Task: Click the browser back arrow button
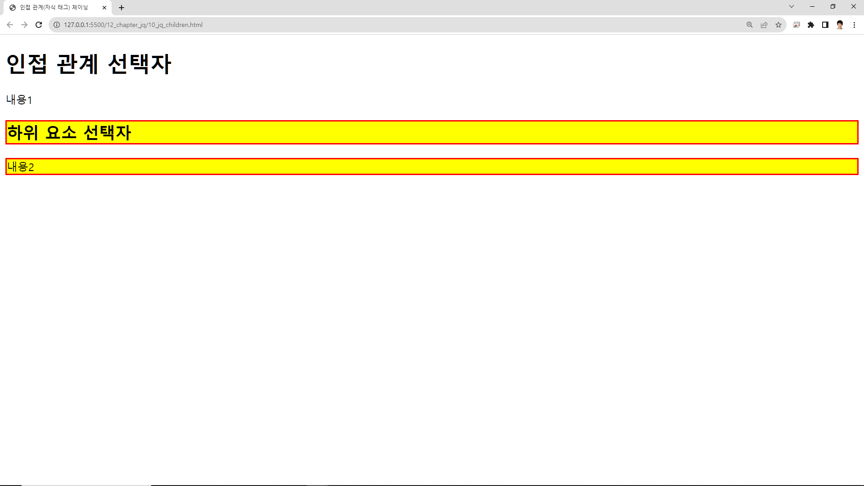tap(10, 25)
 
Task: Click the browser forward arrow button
tap(24, 25)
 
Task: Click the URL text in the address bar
tap(133, 25)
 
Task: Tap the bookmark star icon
tap(778, 25)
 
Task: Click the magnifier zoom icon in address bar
tap(750, 25)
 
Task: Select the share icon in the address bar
tap(764, 25)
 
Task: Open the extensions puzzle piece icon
tap(811, 25)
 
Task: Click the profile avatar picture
tap(840, 25)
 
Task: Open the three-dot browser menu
tap(854, 25)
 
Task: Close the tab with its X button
tap(104, 8)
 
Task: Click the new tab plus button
tap(121, 8)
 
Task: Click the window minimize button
tap(812, 6)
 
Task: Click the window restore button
tap(833, 6)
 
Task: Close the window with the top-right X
tap(854, 6)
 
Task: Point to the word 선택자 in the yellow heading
tap(107, 132)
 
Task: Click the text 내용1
tap(19, 99)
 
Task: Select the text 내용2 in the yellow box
tap(21, 167)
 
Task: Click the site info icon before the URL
tap(57, 25)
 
